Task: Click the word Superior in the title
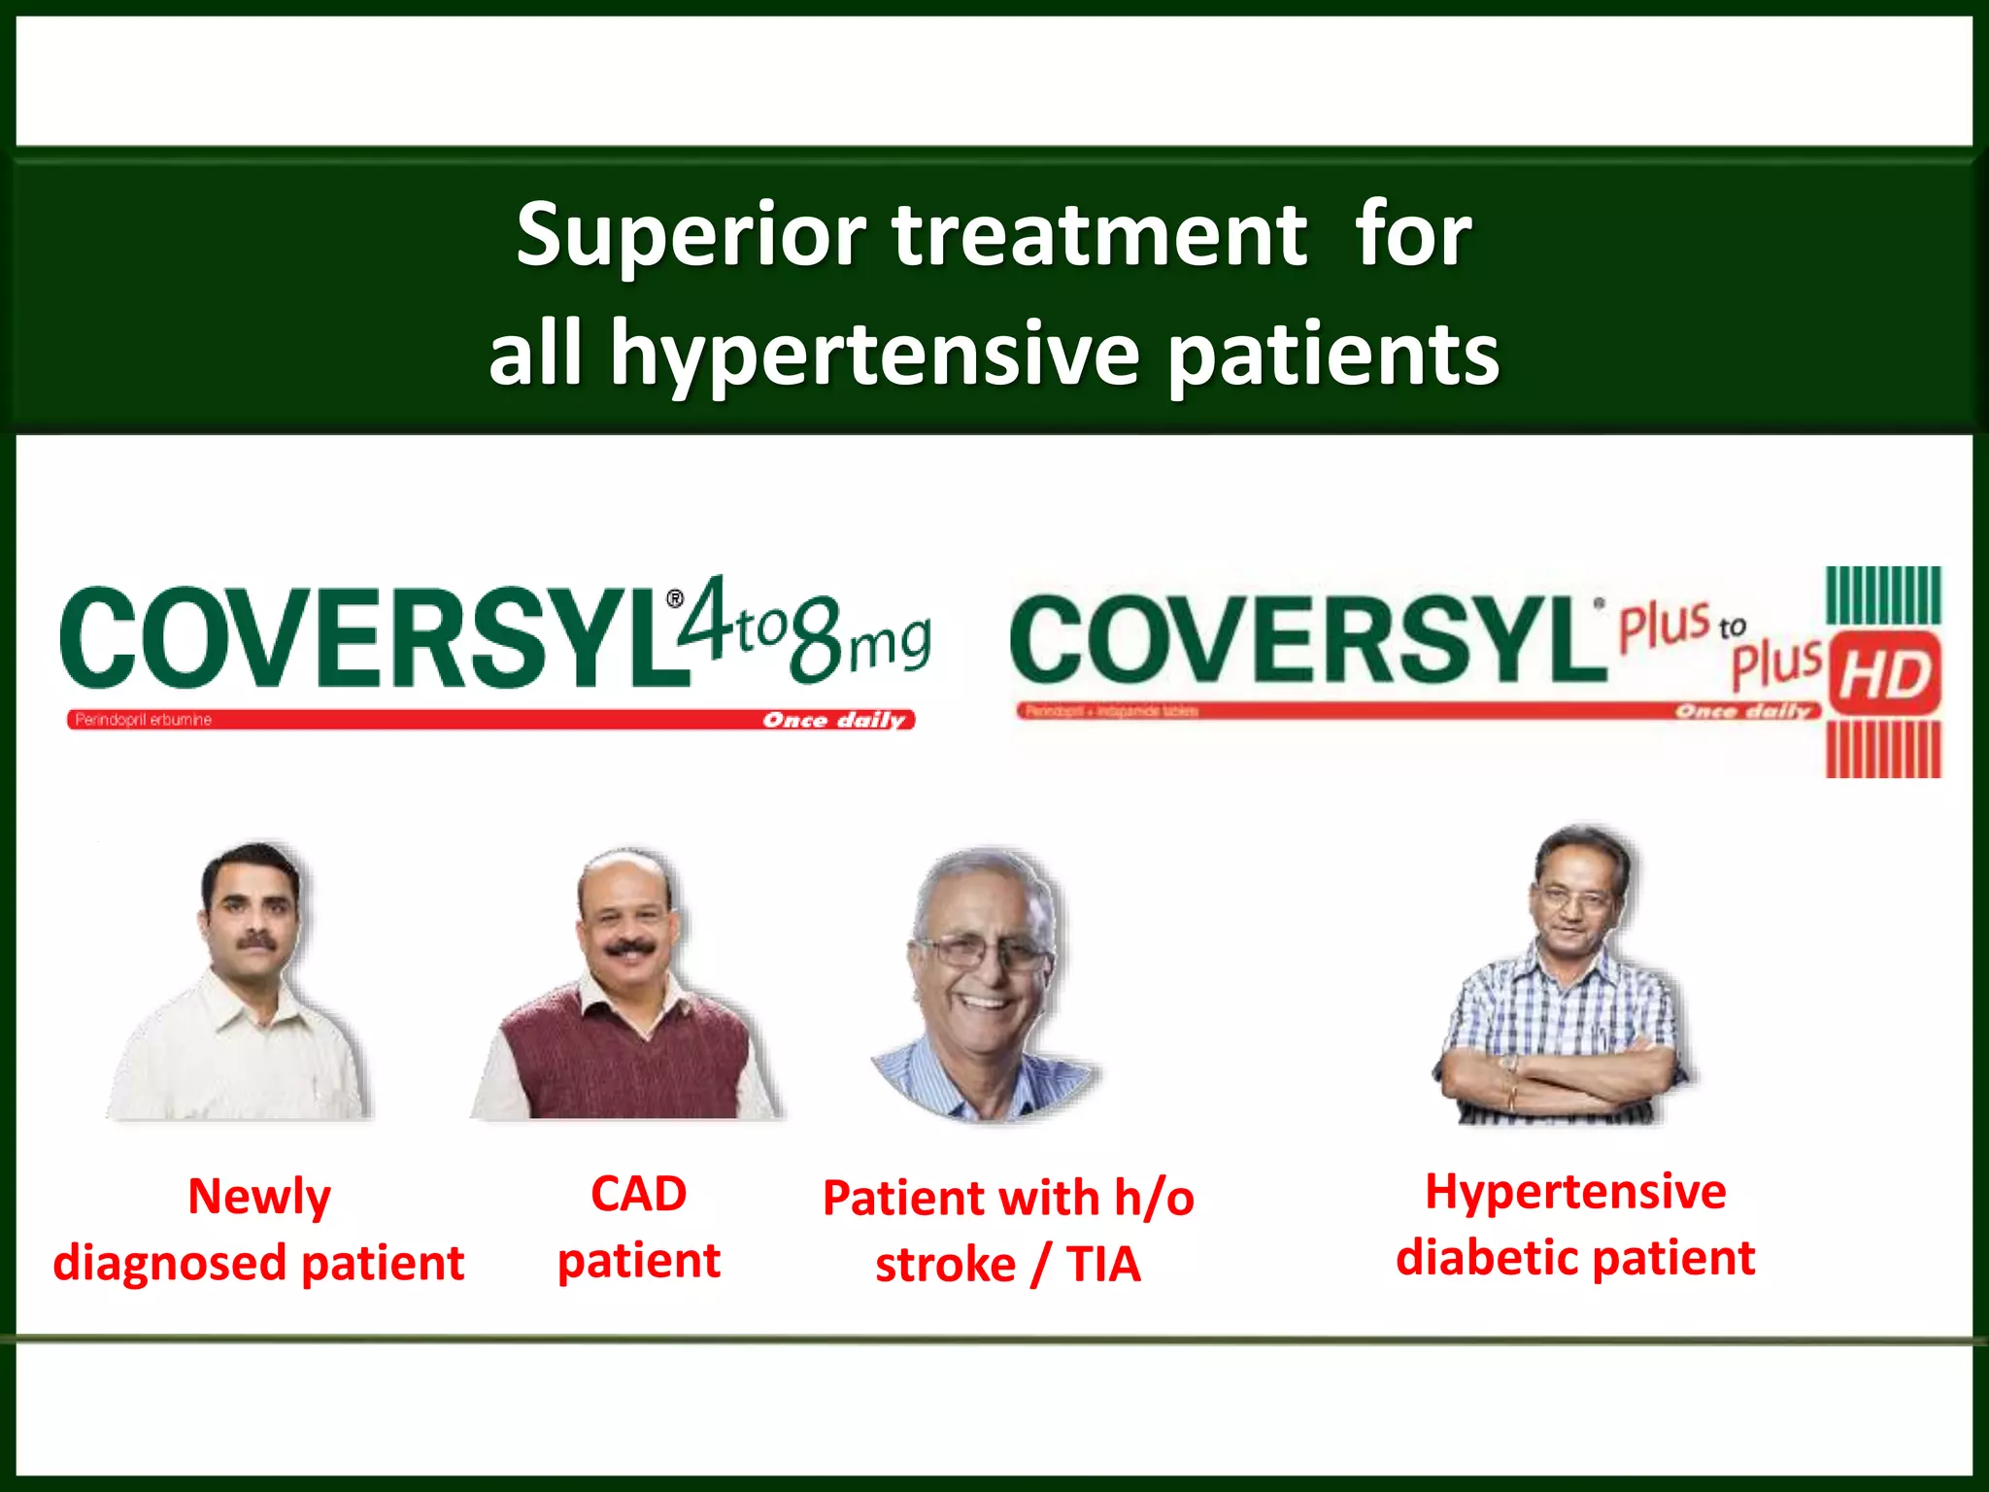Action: [691, 235]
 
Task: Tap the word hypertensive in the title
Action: [874, 355]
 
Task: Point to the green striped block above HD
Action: [1883, 594]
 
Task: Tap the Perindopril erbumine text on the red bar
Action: [144, 720]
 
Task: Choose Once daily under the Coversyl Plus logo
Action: [1743, 712]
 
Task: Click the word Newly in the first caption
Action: [258, 1197]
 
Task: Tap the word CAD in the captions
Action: [638, 1194]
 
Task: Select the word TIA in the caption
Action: [1103, 1265]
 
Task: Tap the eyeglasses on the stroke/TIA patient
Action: [981, 952]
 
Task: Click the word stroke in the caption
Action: [945, 1265]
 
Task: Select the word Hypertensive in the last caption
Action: [1575, 1192]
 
